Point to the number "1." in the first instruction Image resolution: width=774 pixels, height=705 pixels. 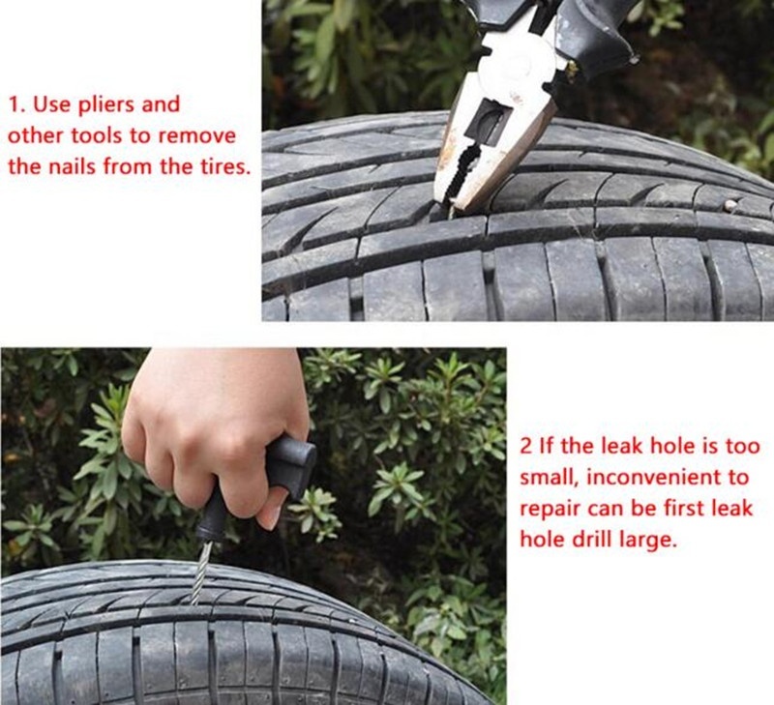[16, 105]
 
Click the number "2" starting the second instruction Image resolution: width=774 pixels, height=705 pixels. [526, 447]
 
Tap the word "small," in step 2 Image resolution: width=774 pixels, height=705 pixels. [549, 478]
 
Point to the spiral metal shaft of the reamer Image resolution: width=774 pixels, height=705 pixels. [200, 573]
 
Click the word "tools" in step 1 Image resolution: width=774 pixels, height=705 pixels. [97, 136]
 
